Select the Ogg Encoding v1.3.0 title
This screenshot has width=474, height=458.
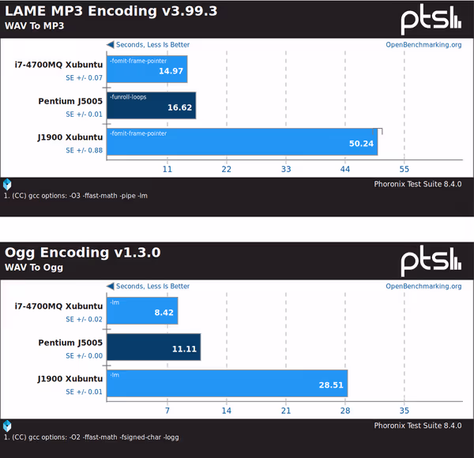[x=83, y=253]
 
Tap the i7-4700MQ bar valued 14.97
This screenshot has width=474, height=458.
[x=147, y=69]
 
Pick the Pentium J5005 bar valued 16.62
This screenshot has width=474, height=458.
[x=151, y=106]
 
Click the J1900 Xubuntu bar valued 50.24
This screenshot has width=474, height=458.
[x=242, y=142]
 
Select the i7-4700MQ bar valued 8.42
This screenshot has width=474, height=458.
[x=142, y=310]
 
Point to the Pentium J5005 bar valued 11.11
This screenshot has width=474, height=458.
[x=153, y=347]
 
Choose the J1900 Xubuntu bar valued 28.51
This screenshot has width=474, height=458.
[x=227, y=383]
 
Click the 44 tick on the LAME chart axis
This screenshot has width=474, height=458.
[x=345, y=169]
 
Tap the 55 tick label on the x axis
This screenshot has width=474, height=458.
[x=404, y=169]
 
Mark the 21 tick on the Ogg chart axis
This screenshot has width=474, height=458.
[x=286, y=411]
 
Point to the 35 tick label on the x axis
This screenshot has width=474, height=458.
[x=404, y=411]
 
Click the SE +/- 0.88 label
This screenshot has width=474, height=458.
[x=84, y=150]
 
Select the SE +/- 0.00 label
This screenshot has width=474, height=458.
[x=84, y=355]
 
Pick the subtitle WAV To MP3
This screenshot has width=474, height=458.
[x=32, y=25]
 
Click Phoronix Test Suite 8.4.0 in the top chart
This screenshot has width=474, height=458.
[x=417, y=183]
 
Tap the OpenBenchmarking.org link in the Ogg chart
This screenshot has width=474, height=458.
[x=423, y=286]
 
